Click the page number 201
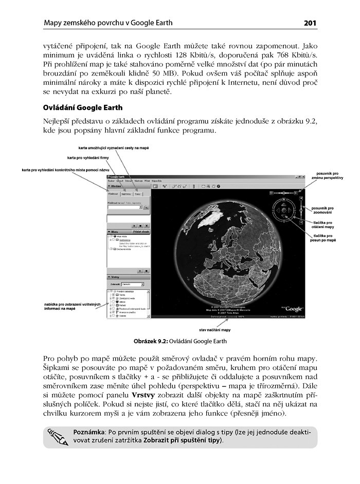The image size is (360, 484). click(x=310, y=23)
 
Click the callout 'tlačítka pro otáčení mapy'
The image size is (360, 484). click(x=323, y=225)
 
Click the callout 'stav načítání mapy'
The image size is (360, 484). click(x=215, y=329)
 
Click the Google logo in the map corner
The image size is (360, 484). click(x=293, y=309)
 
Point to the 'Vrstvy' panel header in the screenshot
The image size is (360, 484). click(x=115, y=277)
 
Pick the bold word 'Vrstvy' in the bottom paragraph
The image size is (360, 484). click(x=142, y=395)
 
